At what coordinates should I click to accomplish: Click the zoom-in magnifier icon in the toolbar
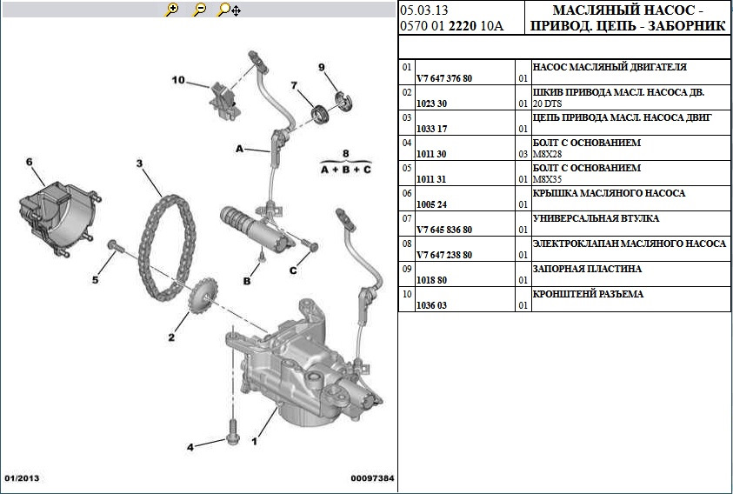coord(172,10)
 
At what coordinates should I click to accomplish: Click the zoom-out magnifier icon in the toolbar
coord(200,10)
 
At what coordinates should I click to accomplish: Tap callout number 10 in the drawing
coord(178,81)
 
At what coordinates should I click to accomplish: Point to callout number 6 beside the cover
coord(29,162)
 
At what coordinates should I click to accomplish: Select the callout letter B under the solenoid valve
coord(247,281)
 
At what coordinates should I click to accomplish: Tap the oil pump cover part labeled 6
coord(55,210)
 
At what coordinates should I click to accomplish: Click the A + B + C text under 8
coord(345,170)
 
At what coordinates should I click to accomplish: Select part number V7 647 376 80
coord(444,78)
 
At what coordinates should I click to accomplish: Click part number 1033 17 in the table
coord(431,129)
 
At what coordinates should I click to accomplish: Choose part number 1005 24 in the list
coord(431,204)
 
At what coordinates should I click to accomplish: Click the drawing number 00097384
coord(372,478)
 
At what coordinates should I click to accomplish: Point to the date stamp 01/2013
coord(23,478)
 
